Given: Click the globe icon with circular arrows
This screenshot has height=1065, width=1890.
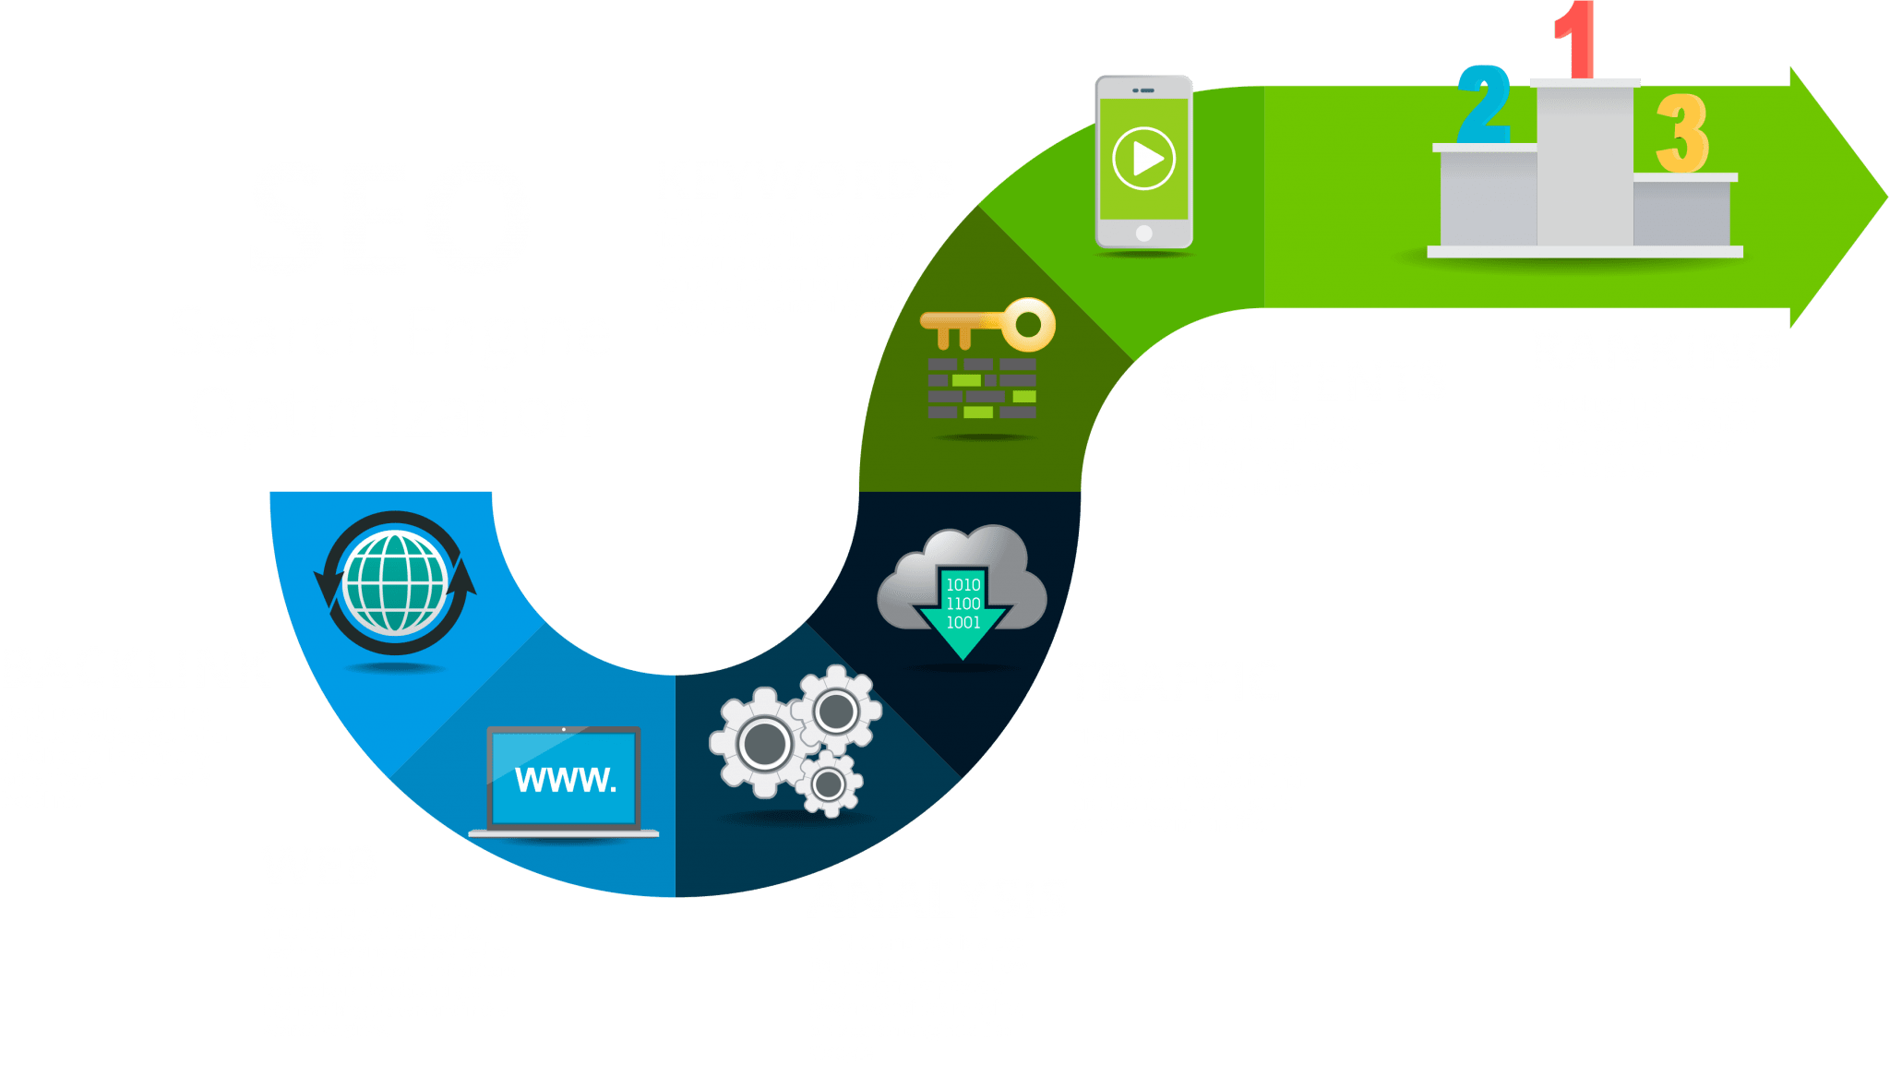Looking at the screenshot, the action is (395, 583).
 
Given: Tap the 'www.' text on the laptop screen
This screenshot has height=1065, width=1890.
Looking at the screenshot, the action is (565, 780).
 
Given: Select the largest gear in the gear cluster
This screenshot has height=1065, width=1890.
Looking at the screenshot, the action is (764, 743).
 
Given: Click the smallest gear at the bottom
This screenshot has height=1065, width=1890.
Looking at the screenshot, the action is (828, 784).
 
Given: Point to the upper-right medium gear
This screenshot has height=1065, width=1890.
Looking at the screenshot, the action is (837, 711).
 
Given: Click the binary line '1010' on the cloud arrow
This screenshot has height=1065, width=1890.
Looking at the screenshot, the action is (963, 585).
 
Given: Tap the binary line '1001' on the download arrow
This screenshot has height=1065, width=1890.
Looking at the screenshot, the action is (963, 623).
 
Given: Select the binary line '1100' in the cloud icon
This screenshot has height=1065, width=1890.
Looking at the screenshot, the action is (963, 604).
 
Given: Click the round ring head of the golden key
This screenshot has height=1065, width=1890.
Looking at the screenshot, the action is (1028, 324).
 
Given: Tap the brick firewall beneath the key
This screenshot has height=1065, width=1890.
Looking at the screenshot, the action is (982, 389).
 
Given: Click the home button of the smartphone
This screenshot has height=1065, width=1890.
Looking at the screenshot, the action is (1144, 233).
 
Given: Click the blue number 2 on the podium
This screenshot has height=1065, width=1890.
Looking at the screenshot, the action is (1484, 104).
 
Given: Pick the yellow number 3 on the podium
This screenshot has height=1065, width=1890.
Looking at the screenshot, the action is (1682, 134).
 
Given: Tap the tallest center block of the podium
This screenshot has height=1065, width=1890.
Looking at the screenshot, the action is (1585, 163).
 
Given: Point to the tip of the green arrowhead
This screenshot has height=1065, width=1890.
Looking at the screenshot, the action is (1887, 197).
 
